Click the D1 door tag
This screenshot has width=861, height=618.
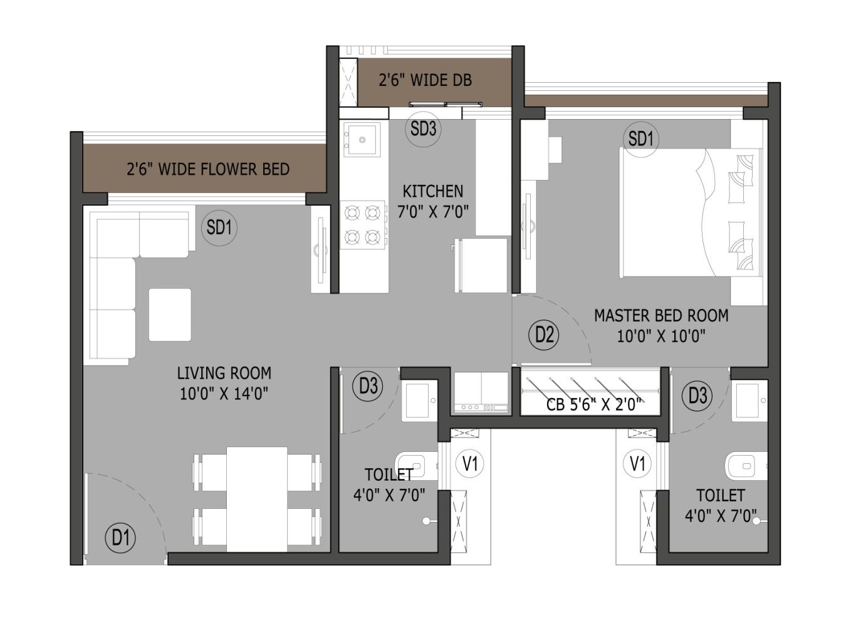pyautogui.click(x=120, y=538)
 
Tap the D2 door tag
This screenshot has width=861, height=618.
pyautogui.click(x=544, y=335)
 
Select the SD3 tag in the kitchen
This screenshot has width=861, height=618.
pyautogui.click(x=423, y=129)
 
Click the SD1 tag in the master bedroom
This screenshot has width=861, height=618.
pyautogui.click(x=641, y=139)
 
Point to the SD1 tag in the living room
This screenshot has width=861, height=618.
pyautogui.click(x=219, y=228)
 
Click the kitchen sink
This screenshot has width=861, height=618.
pyautogui.click(x=362, y=139)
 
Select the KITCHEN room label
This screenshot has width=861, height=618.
pyautogui.click(x=433, y=192)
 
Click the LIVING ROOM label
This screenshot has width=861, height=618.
pyautogui.click(x=224, y=373)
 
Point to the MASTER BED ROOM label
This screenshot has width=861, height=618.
pyautogui.click(x=661, y=316)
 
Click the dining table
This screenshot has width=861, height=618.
pyautogui.click(x=257, y=500)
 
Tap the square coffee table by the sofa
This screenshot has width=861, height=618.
pyautogui.click(x=170, y=315)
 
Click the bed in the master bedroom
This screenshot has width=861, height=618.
pyautogui.click(x=691, y=212)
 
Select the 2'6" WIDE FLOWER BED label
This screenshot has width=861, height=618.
pyautogui.click(x=208, y=169)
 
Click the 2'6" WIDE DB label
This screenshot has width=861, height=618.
pyautogui.click(x=425, y=80)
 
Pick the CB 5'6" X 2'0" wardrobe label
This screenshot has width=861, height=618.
pyautogui.click(x=594, y=404)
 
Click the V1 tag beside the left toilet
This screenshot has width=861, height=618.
pyautogui.click(x=470, y=464)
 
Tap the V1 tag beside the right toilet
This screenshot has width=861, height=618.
pyautogui.click(x=638, y=463)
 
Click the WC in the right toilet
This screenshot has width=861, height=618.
pyautogui.click(x=746, y=466)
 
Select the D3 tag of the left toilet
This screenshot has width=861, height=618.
pyautogui.click(x=368, y=385)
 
